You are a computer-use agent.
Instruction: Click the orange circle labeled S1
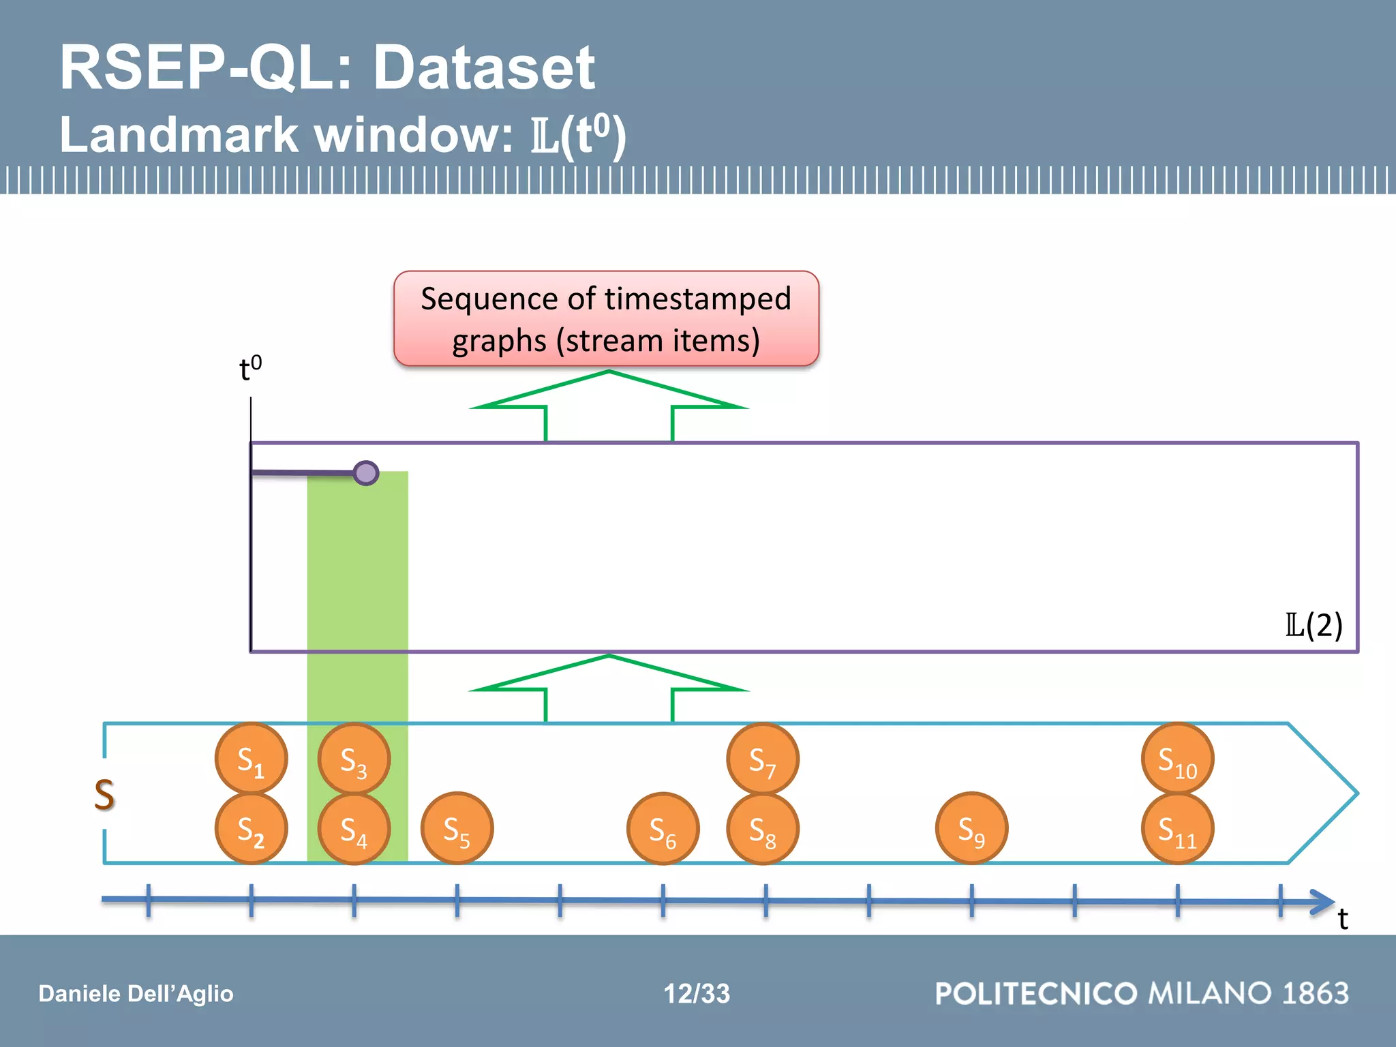pos(251,759)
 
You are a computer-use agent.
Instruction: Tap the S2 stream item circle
pos(251,829)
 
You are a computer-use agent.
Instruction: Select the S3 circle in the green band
pos(354,759)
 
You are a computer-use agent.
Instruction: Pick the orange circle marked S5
pos(457,829)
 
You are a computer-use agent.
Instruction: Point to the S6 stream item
pos(663,829)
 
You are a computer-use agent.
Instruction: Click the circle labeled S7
pos(763,759)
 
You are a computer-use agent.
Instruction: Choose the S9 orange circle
pos(971,829)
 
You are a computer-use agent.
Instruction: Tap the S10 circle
pos(1177,759)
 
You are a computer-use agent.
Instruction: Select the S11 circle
pos(1177,829)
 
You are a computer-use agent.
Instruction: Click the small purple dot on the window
pos(366,472)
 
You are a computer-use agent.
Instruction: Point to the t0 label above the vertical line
pos(250,369)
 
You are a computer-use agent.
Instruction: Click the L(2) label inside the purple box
pos(1314,624)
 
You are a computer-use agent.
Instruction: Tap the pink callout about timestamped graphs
pos(606,319)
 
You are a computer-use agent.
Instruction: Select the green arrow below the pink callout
pos(609,406)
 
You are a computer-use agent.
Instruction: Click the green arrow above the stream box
pos(609,688)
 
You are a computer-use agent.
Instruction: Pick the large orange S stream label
pos(104,794)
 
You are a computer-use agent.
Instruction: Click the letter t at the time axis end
pos(1343,919)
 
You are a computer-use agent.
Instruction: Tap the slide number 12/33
pos(697,993)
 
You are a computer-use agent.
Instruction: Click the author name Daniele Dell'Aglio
pos(136,993)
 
